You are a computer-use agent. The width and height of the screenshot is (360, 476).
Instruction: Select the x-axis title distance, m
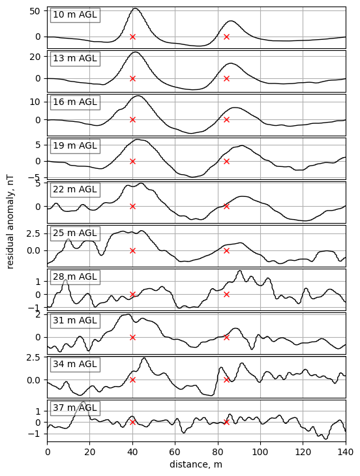(x=196, y=464)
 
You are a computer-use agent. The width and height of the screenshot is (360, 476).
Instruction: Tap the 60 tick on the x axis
(x=175, y=451)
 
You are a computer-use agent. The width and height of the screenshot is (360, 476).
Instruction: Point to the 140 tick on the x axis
(x=345, y=451)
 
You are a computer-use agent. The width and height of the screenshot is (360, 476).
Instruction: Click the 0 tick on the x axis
(x=47, y=451)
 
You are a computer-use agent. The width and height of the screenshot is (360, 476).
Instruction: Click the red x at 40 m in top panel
(x=132, y=37)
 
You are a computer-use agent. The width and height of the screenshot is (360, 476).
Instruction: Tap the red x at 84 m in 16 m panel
(x=226, y=119)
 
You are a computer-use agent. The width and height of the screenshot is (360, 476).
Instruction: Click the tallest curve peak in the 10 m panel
(x=135, y=8)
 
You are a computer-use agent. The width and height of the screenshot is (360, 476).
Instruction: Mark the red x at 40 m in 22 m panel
(x=132, y=206)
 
